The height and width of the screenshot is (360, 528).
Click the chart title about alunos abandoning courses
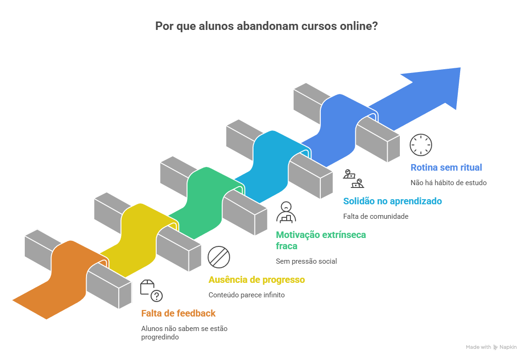pyautogui.click(x=267, y=27)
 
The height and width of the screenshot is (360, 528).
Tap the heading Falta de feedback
pyautogui.click(x=179, y=313)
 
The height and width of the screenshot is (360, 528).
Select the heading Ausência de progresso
pyautogui.click(x=256, y=280)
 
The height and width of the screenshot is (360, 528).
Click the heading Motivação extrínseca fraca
pyautogui.click(x=320, y=240)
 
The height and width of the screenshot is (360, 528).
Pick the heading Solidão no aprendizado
pyautogui.click(x=392, y=201)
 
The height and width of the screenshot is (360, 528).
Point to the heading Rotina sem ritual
pyautogui.click(x=446, y=167)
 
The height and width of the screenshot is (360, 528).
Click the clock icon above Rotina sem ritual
pyautogui.click(x=421, y=145)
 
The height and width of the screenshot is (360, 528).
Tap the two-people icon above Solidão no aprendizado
pyautogui.click(x=354, y=179)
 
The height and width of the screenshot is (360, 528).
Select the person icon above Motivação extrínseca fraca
pyautogui.click(x=285, y=212)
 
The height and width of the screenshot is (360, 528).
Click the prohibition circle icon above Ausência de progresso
pyautogui.click(x=219, y=257)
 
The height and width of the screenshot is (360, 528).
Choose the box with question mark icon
pyautogui.click(x=152, y=291)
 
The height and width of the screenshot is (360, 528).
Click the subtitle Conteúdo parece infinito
pyautogui.click(x=246, y=295)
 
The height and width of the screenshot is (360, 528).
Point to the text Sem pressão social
pyautogui.click(x=306, y=261)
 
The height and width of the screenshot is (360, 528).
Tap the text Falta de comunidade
pyautogui.click(x=376, y=216)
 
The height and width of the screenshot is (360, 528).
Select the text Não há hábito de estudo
pyautogui.click(x=448, y=183)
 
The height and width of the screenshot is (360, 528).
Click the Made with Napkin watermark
pyautogui.click(x=491, y=347)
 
